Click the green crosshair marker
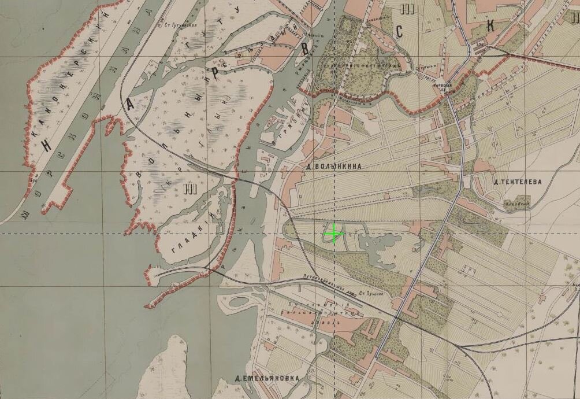pyautogui.click(x=333, y=234)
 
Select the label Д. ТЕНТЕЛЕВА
pyautogui.click(x=518, y=181)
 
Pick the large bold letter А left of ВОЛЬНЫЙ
pyautogui.click(x=131, y=105)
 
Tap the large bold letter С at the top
pyautogui.click(x=399, y=32)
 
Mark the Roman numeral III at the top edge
pyautogui.click(x=410, y=8)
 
